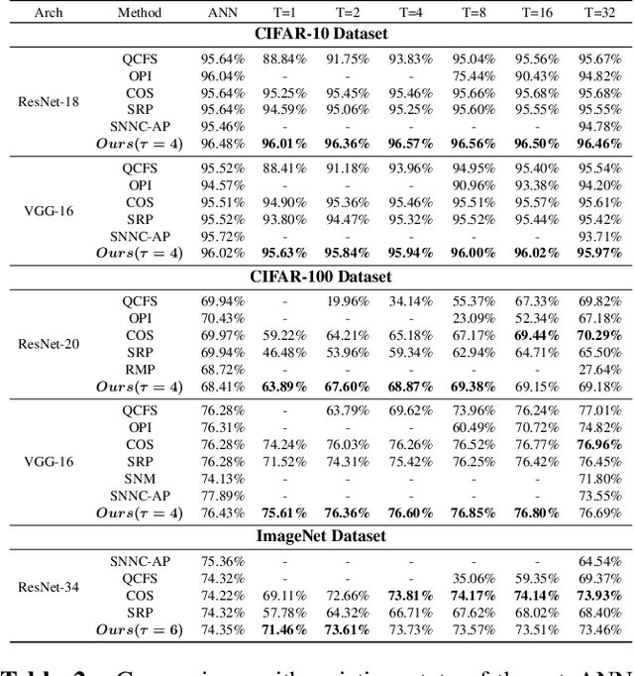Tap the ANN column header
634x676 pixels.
223,14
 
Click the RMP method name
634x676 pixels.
139,368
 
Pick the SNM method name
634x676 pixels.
139,479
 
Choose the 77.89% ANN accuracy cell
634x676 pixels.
223,495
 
